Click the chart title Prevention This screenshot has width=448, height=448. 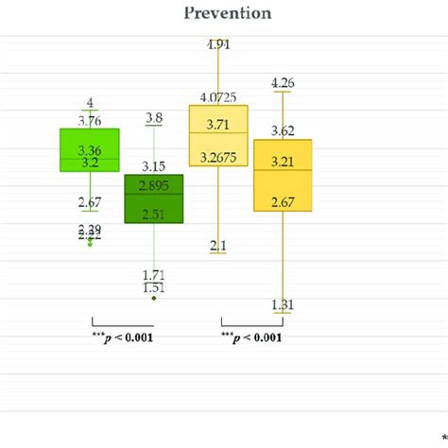(223, 13)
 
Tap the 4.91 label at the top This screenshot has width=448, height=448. (219, 44)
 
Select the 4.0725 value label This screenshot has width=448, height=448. (218, 96)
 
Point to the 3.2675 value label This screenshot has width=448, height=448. (218, 158)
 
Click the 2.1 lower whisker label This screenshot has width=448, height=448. (218, 246)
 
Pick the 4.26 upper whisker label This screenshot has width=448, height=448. (283, 83)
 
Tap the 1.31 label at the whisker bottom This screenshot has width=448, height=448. (283, 303)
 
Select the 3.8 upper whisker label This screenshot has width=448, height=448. (154, 118)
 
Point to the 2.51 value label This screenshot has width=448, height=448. (154, 215)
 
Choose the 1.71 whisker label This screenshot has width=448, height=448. (154, 274)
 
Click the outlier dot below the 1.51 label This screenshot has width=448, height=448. (154, 298)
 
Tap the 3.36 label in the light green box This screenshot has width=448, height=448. (90, 150)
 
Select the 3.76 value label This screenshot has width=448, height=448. (90, 120)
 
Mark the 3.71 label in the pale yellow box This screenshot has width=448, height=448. (218, 124)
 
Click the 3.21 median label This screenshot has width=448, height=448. (283, 163)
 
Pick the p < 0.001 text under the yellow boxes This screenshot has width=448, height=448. (250, 337)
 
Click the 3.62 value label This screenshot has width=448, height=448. (283, 130)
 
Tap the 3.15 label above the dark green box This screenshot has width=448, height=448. (154, 167)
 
